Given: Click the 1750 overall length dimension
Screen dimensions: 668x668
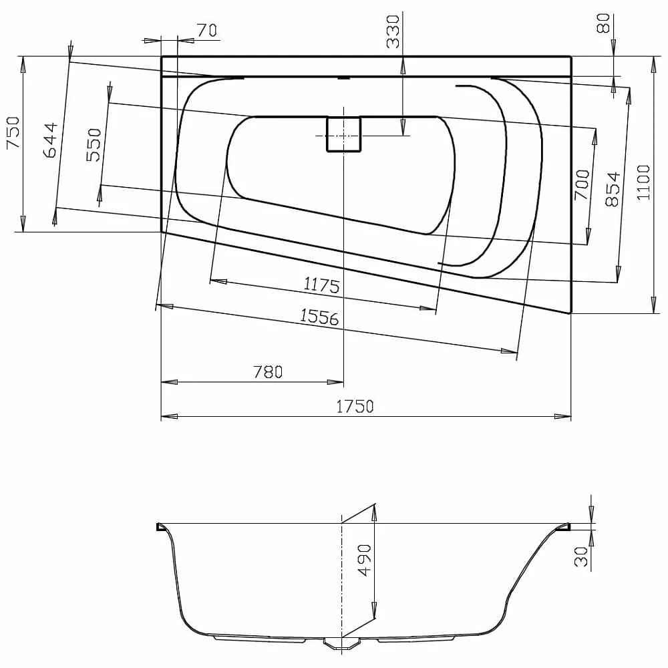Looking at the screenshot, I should pyautogui.click(x=354, y=406).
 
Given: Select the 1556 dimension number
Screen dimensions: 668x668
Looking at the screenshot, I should pyautogui.click(x=319, y=317).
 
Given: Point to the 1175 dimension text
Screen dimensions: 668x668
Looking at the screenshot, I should pyautogui.click(x=322, y=285).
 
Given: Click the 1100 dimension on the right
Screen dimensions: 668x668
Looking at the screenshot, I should pyautogui.click(x=643, y=184).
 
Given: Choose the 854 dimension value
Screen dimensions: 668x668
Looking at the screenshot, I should pyautogui.click(x=613, y=190).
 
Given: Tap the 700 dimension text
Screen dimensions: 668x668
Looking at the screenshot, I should pyautogui.click(x=582, y=185).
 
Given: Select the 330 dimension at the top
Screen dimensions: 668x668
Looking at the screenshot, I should pyautogui.click(x=393, y=31).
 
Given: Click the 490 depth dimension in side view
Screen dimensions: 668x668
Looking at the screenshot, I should pyautogui.click(x=365, y=560).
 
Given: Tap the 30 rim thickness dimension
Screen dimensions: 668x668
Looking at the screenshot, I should pyautogui.click(x=582, y=556).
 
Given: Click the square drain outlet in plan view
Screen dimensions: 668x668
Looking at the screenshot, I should pyautogui.click(x=343, y=134).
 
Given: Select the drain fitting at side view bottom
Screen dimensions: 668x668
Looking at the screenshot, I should pyautogui.click(x=341, y=643).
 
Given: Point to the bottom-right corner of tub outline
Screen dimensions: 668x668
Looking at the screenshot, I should pyautogui.click(x=570, y=312).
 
